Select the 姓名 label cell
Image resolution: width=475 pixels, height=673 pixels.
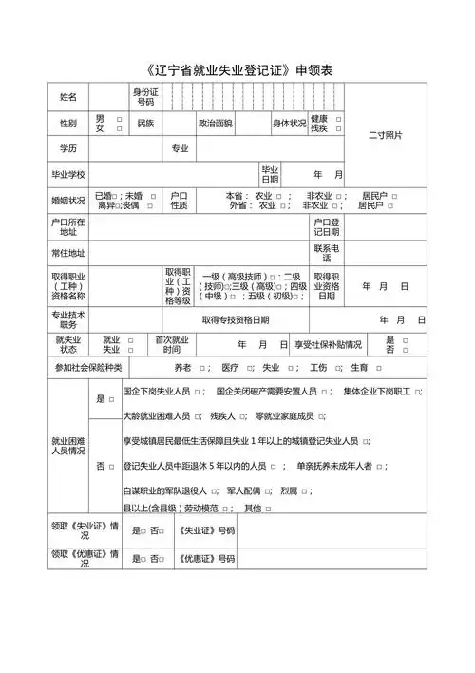tap(68, 97)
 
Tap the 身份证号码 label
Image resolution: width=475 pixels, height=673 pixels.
tap(145, 97)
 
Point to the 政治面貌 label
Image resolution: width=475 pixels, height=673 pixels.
tap(215, 124)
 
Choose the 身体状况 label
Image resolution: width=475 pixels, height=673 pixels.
tap(290, 124)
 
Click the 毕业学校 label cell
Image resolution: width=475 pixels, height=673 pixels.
tap(68, 174)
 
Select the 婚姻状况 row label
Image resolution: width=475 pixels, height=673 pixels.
tap(68, 201)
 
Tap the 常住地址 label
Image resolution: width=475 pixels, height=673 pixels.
tap(68, 253)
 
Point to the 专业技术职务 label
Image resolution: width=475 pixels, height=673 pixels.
tap(68, 319)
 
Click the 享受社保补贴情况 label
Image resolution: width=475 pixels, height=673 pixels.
tap(328, 345)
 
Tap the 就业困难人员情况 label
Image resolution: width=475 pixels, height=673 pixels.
tap(68, 446)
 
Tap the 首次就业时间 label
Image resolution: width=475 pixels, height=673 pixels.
tap(171, 344)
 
